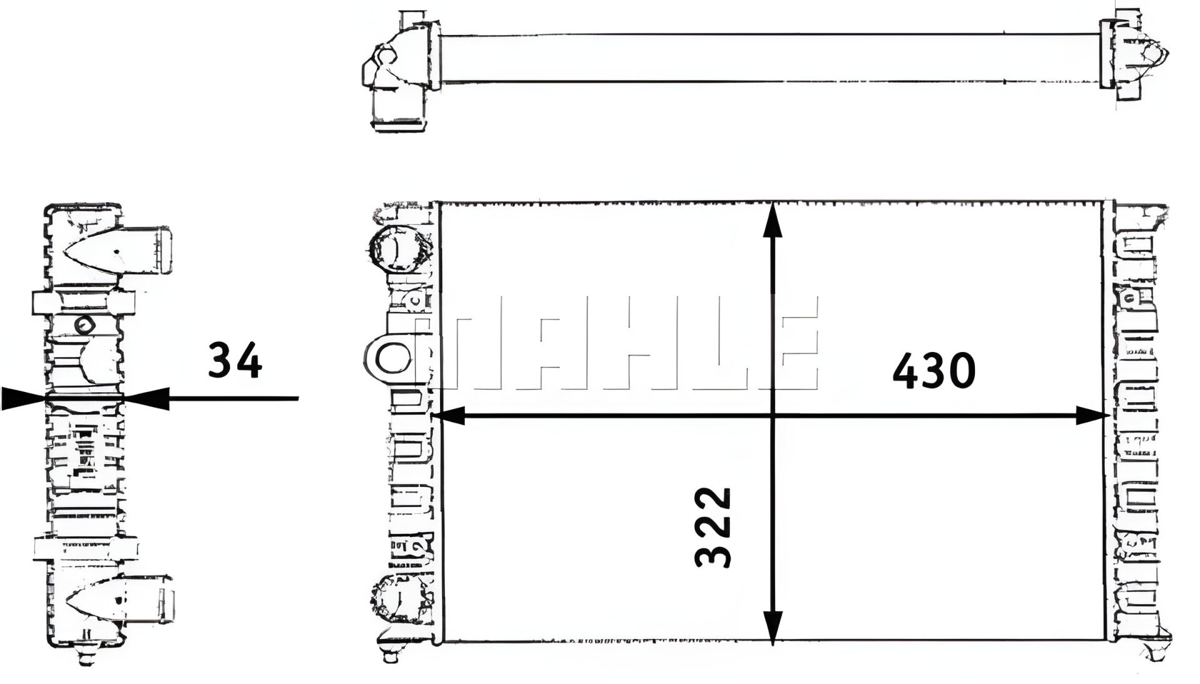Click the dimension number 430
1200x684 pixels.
coord(934,371)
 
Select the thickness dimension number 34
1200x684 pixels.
coord(234,361)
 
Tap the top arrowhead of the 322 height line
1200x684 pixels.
coord(774,219)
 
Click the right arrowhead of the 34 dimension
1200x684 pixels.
coord(146,398)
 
